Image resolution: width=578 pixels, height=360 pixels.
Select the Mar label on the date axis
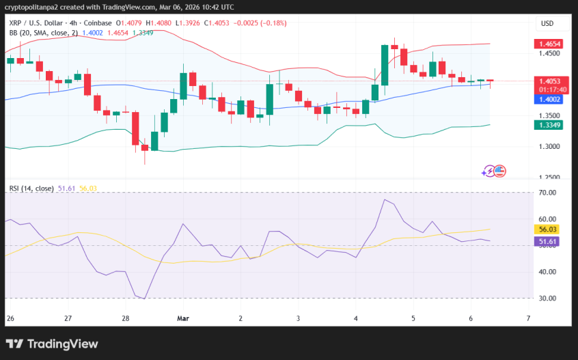pos(182,318)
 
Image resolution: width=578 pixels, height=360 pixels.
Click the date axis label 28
pos(126,318)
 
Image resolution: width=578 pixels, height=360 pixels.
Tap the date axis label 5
pos(413,318)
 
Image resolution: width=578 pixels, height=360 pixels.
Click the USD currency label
pos(547,23)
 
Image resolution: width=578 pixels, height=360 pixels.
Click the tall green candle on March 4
pos(385,65)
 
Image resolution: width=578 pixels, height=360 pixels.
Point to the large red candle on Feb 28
pos(135,128)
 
